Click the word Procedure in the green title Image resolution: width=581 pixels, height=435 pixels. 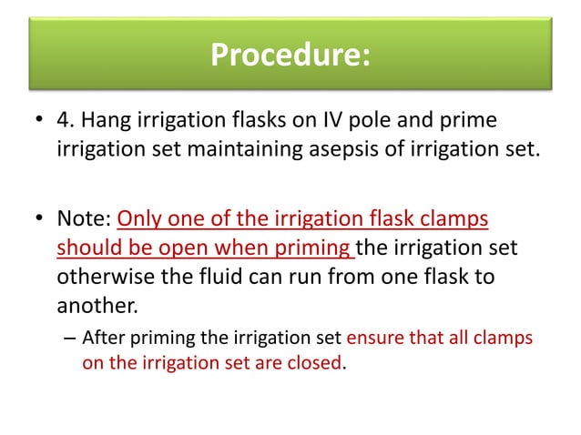click(282, 56)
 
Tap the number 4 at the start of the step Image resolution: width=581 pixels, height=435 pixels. click(62, 121)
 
